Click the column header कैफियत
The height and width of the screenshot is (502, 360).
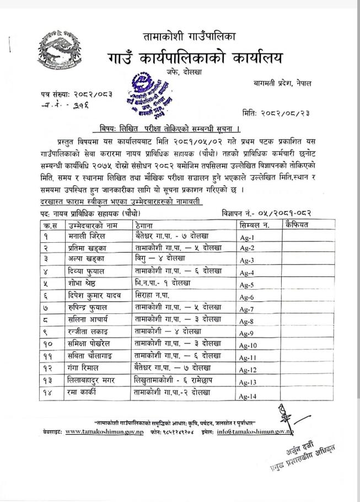point(297,225)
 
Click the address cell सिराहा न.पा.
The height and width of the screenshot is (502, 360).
point(154,295)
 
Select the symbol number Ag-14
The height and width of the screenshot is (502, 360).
point(249,396)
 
